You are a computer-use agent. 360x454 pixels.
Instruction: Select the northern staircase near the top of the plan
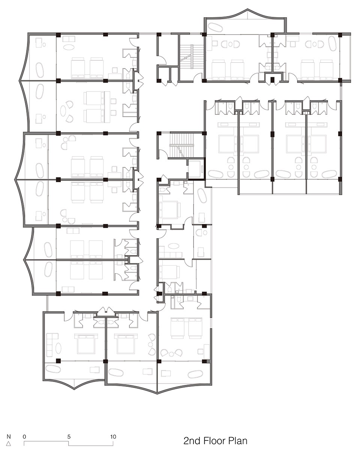point(192,57)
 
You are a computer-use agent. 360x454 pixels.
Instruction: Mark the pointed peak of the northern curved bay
point(247,9)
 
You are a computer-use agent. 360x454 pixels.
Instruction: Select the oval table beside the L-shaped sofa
point(58,347)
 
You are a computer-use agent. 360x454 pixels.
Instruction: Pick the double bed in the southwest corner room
point(86,344)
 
